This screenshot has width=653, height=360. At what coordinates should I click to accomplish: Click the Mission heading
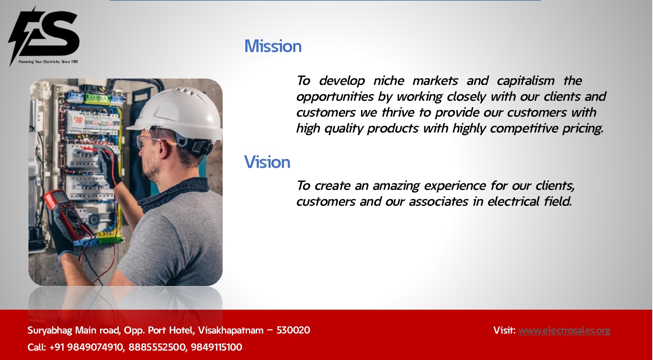(273, 46)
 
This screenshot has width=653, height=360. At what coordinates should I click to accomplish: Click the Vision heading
(267, 162)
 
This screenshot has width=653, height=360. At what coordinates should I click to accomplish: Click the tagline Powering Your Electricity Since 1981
(48, 62)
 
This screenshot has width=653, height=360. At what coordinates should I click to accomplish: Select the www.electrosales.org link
(564, 330)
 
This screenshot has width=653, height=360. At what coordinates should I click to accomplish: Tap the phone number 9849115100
(216, 347)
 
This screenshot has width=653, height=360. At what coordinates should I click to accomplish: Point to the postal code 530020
(293, 330)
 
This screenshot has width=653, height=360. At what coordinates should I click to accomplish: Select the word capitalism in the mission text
(525, 81)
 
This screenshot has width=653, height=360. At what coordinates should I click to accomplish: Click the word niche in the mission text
(389, 81)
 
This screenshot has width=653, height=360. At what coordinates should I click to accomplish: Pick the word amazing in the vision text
(396, 186)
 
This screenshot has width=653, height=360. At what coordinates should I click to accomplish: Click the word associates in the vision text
(439, 202)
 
